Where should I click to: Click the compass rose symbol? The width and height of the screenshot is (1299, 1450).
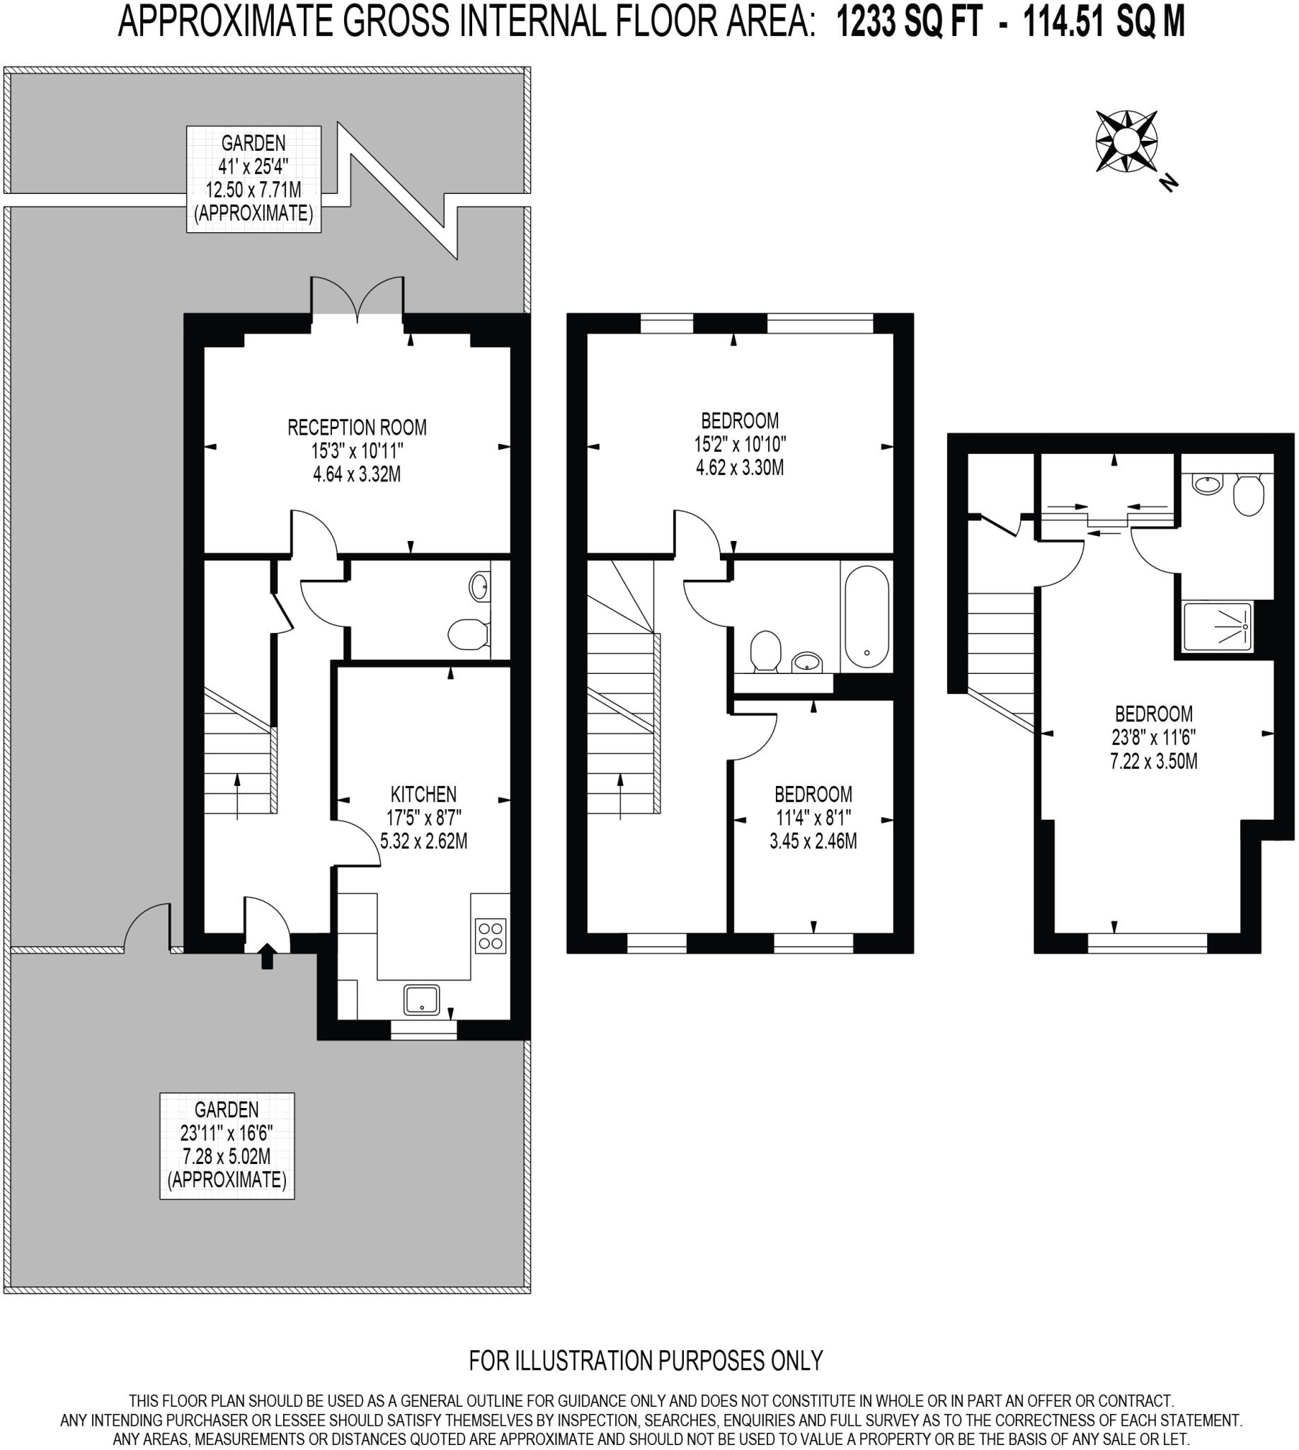pyautogui.click(x=1126, y=142)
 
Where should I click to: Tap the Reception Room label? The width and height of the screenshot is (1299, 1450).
pyautogui.click(x=357, y=450)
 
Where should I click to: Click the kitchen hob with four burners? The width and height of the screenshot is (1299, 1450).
pyautogui.click(x=491, y=936)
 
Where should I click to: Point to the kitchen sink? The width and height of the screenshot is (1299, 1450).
pyautogui.click(x=421, y=1000)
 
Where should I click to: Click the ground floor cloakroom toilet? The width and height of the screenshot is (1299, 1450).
pyautogui.click(x=468, y=634)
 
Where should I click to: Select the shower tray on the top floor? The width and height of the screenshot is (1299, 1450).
pyautogui.click(x=1217, y=627)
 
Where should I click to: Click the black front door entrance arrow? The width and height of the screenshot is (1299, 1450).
pyautogui.click(x=267, y=955)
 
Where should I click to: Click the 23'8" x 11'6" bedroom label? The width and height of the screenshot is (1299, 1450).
pyautogui.click(x=1153, y=737)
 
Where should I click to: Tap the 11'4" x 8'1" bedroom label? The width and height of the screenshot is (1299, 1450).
pyautogui.click(x=813, y=818)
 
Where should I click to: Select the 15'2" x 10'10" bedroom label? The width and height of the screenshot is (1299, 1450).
pyautogui.click(x=740, y=443)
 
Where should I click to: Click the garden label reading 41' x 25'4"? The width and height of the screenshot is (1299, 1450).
pyautogui.click(x=253, y=178)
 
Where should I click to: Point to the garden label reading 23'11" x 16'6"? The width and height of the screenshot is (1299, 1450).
pyautogui.click(x=227, y=1145)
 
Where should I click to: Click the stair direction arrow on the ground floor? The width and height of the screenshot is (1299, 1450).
pyautogui.click(x=238, y=794)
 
